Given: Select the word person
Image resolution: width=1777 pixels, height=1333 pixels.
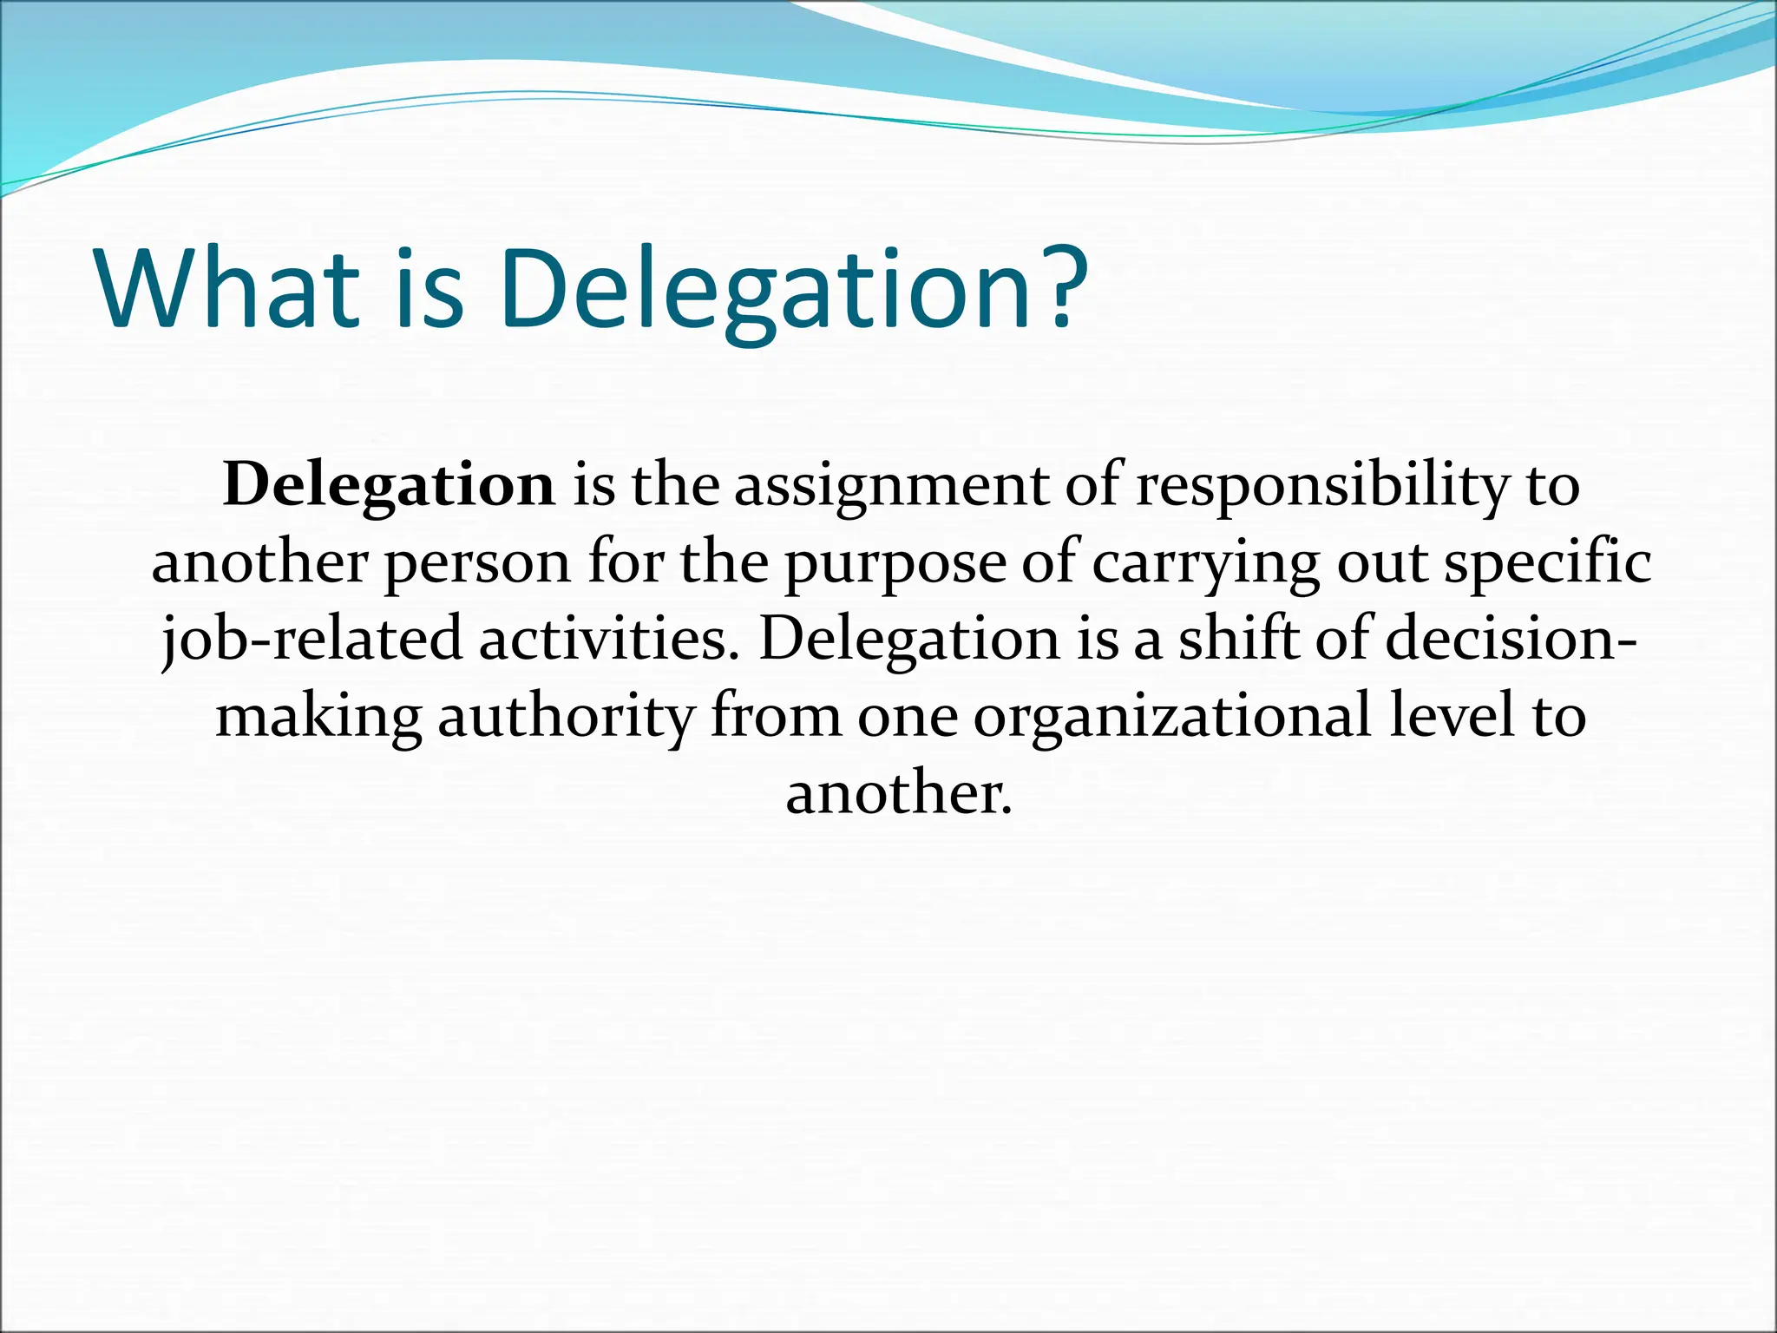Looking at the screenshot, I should (477, 563).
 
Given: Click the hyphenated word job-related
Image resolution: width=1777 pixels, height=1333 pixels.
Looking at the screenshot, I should (312, 640).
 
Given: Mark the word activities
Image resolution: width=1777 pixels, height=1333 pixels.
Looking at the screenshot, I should (609, 639).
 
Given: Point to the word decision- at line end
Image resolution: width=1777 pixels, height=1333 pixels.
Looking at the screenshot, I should (1511, 639).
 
